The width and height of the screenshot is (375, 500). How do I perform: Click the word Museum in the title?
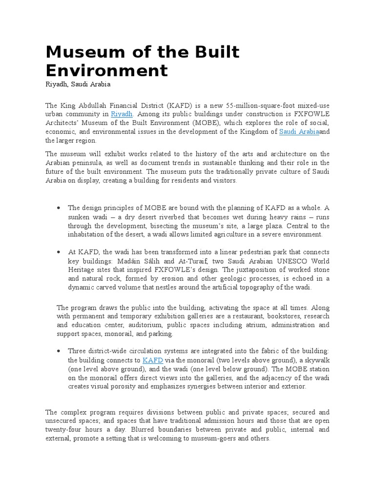78,52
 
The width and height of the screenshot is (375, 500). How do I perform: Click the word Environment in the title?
106,70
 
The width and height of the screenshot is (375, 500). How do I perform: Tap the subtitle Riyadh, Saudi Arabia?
78,84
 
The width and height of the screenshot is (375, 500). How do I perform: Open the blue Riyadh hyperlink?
122,114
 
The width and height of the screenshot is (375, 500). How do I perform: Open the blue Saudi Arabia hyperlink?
299,132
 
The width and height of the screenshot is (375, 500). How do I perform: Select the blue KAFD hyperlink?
152,360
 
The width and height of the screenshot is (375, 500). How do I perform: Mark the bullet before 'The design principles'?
59,208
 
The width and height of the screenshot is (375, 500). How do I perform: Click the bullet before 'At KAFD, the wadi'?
59,252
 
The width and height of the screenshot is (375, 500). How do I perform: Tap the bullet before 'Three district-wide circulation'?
59,351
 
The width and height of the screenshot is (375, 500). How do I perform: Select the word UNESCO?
287,261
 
